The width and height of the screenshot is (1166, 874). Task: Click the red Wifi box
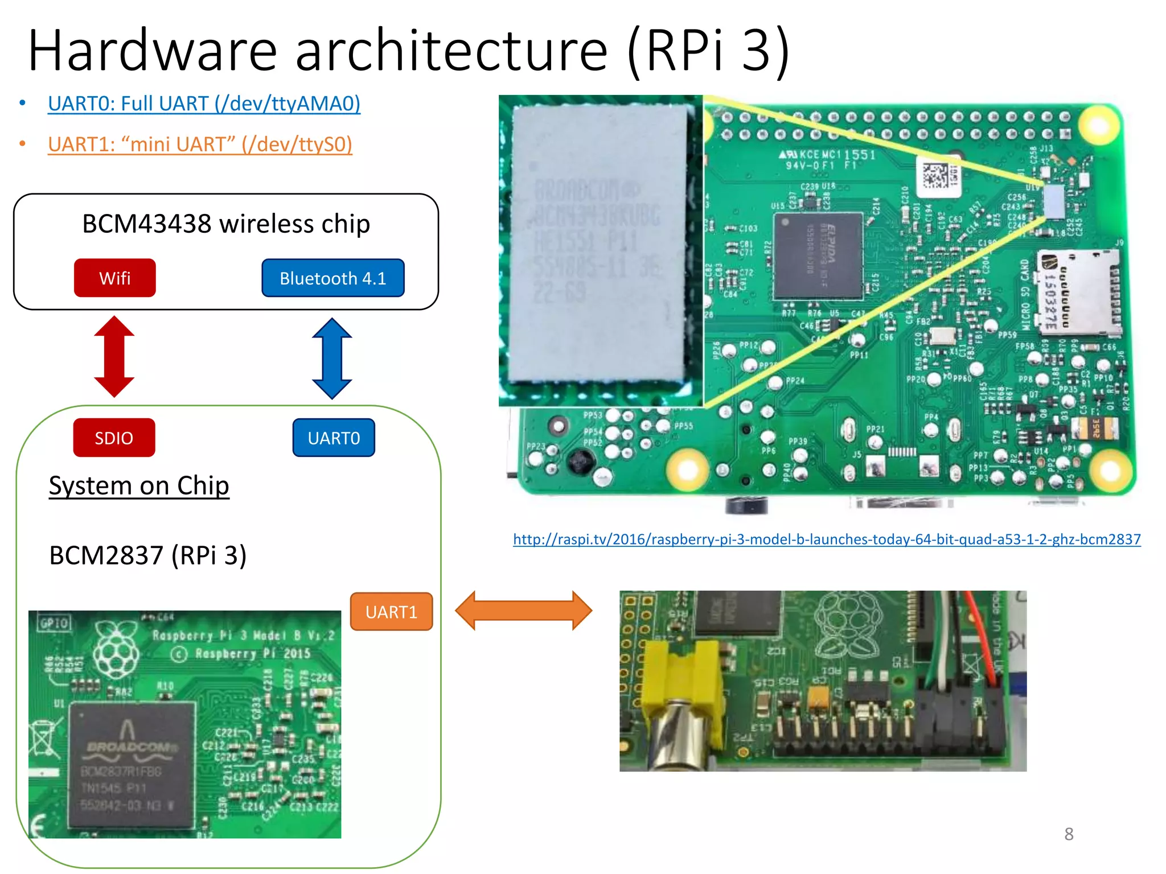click(x=114, y=278)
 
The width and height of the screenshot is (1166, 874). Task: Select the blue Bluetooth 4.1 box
click(x=332, y=278)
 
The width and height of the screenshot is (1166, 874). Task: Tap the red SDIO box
click(x=114, y=438)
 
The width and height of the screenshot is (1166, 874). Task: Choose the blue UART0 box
click(x=334, y=438)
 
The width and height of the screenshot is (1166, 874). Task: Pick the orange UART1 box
click(x=391, y=612)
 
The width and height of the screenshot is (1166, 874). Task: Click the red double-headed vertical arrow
click(x=114, y=356)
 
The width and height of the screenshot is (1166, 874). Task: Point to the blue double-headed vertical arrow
click(x=332, y=358)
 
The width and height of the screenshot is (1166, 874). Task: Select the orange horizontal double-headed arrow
click(x=523, y=611)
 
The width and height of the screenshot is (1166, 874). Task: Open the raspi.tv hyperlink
click(x=827, y=539)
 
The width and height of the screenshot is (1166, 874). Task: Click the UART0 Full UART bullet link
click(x=204, y=104)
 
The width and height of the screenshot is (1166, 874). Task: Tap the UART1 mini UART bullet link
click(x=200, y=145)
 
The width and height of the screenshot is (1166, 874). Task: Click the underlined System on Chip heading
click(x=139, y=486)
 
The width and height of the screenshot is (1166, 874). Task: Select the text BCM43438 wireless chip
click(x=226, y=224)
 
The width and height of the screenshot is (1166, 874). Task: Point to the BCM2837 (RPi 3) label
click(x=148, y=555)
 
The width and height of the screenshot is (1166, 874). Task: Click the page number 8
click(x=1069, y=834)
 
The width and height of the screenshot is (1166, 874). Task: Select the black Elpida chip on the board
click(x=818, y=255)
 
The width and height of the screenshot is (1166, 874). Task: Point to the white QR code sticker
click(x=937, y=177)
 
